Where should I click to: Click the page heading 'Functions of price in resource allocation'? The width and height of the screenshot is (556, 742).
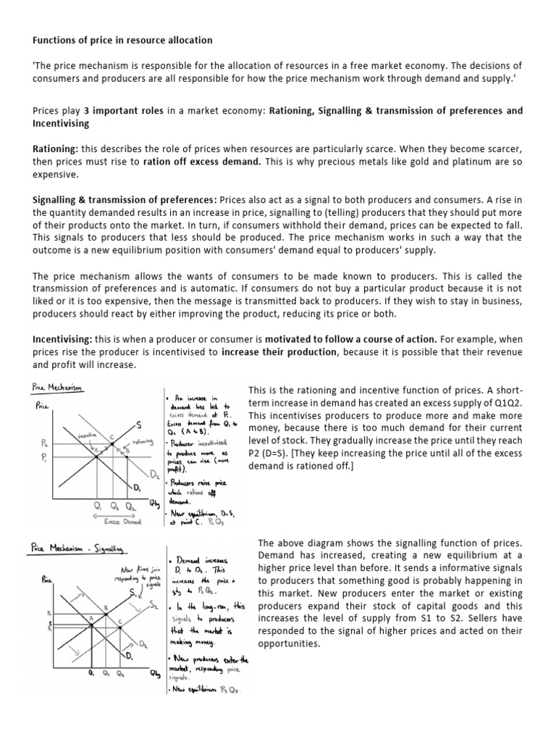pyautogui.click(x=122, y=39)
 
